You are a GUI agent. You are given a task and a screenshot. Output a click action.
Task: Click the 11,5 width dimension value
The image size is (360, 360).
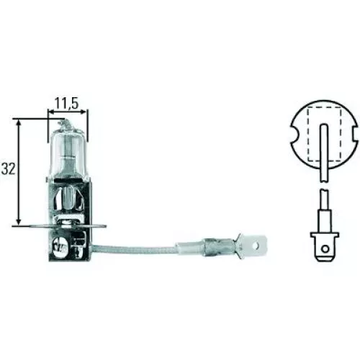[67, 102]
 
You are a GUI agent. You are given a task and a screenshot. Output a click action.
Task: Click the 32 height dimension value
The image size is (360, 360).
[9, 171]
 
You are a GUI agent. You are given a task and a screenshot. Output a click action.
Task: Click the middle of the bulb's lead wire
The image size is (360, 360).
[144, 251]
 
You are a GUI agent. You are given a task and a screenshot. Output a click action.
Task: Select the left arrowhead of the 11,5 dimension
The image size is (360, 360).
[51, 112]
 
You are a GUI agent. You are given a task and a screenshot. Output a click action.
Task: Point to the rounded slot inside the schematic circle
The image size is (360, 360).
[323, 144]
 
